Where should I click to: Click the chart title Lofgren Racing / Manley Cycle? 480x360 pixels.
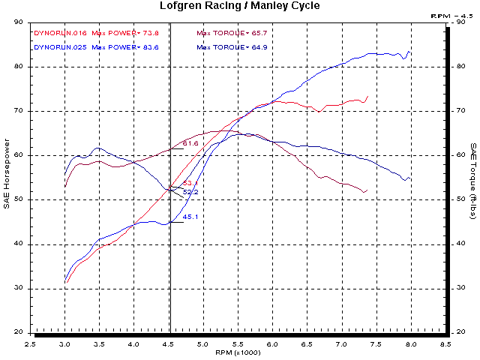(x=240, y=6)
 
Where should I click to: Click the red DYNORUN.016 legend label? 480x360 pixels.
(x=59, y=33)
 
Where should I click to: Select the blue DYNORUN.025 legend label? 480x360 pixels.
(x=59, y=46)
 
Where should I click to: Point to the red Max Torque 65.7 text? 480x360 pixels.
(x=232, y=33)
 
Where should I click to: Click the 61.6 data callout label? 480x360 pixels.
(x=190, y=143)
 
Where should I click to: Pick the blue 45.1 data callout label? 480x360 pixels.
(x=190, y=217)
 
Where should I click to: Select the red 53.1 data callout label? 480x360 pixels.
(x=190, y=184)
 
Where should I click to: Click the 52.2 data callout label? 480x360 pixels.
(x=190, y=192)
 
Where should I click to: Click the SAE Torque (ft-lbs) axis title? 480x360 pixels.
(x=472, y=176)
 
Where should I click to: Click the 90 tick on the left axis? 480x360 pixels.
(x=18, y=22)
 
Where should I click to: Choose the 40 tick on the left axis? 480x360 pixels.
(x=18, y=244)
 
